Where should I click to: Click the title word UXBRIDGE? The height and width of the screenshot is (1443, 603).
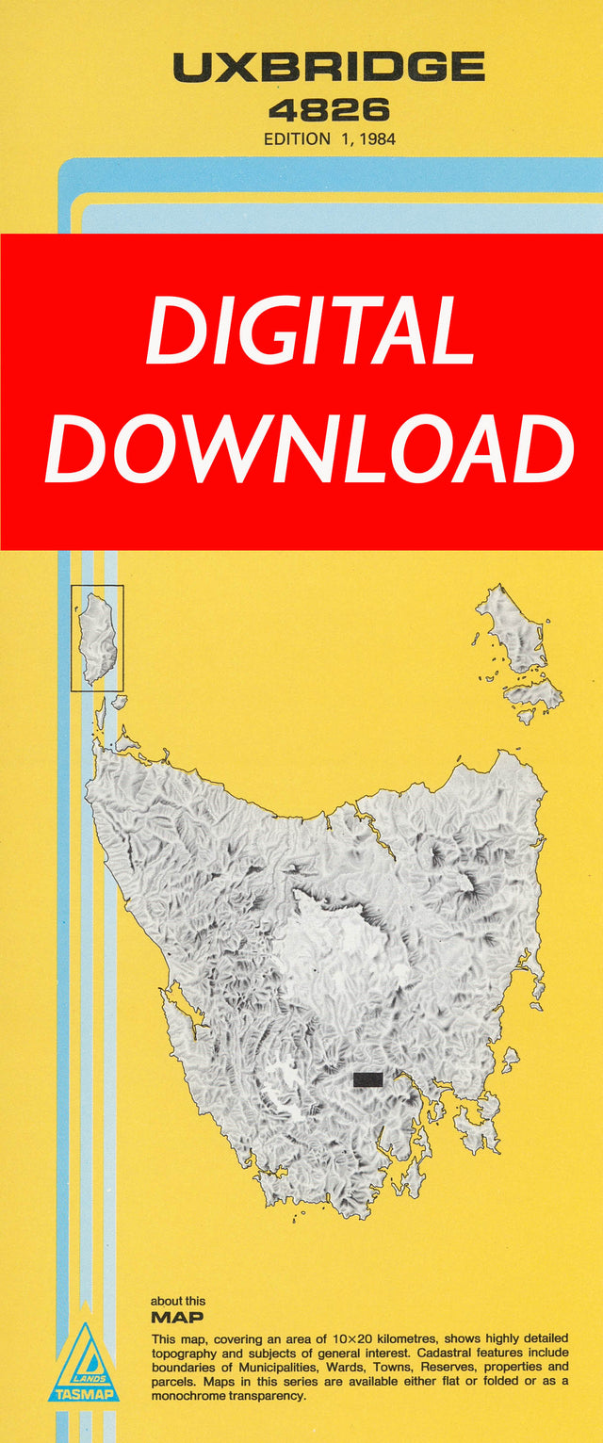(x=328, y=67)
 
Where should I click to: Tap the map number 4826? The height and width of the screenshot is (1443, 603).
(x=328, y=110)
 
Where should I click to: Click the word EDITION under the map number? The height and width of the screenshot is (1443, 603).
(x=297, y=138)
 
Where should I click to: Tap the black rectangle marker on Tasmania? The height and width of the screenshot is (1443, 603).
(x=367, y=1079)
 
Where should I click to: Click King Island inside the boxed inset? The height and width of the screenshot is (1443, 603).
(x=97, y=638)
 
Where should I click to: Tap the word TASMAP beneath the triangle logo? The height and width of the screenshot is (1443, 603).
(x=84, y=1394)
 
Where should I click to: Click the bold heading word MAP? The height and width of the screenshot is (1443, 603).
(x=177, y=1318)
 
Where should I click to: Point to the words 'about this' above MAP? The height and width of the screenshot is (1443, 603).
(x=178, y=1301)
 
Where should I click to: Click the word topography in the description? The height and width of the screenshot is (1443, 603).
(x=188, y=1353)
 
